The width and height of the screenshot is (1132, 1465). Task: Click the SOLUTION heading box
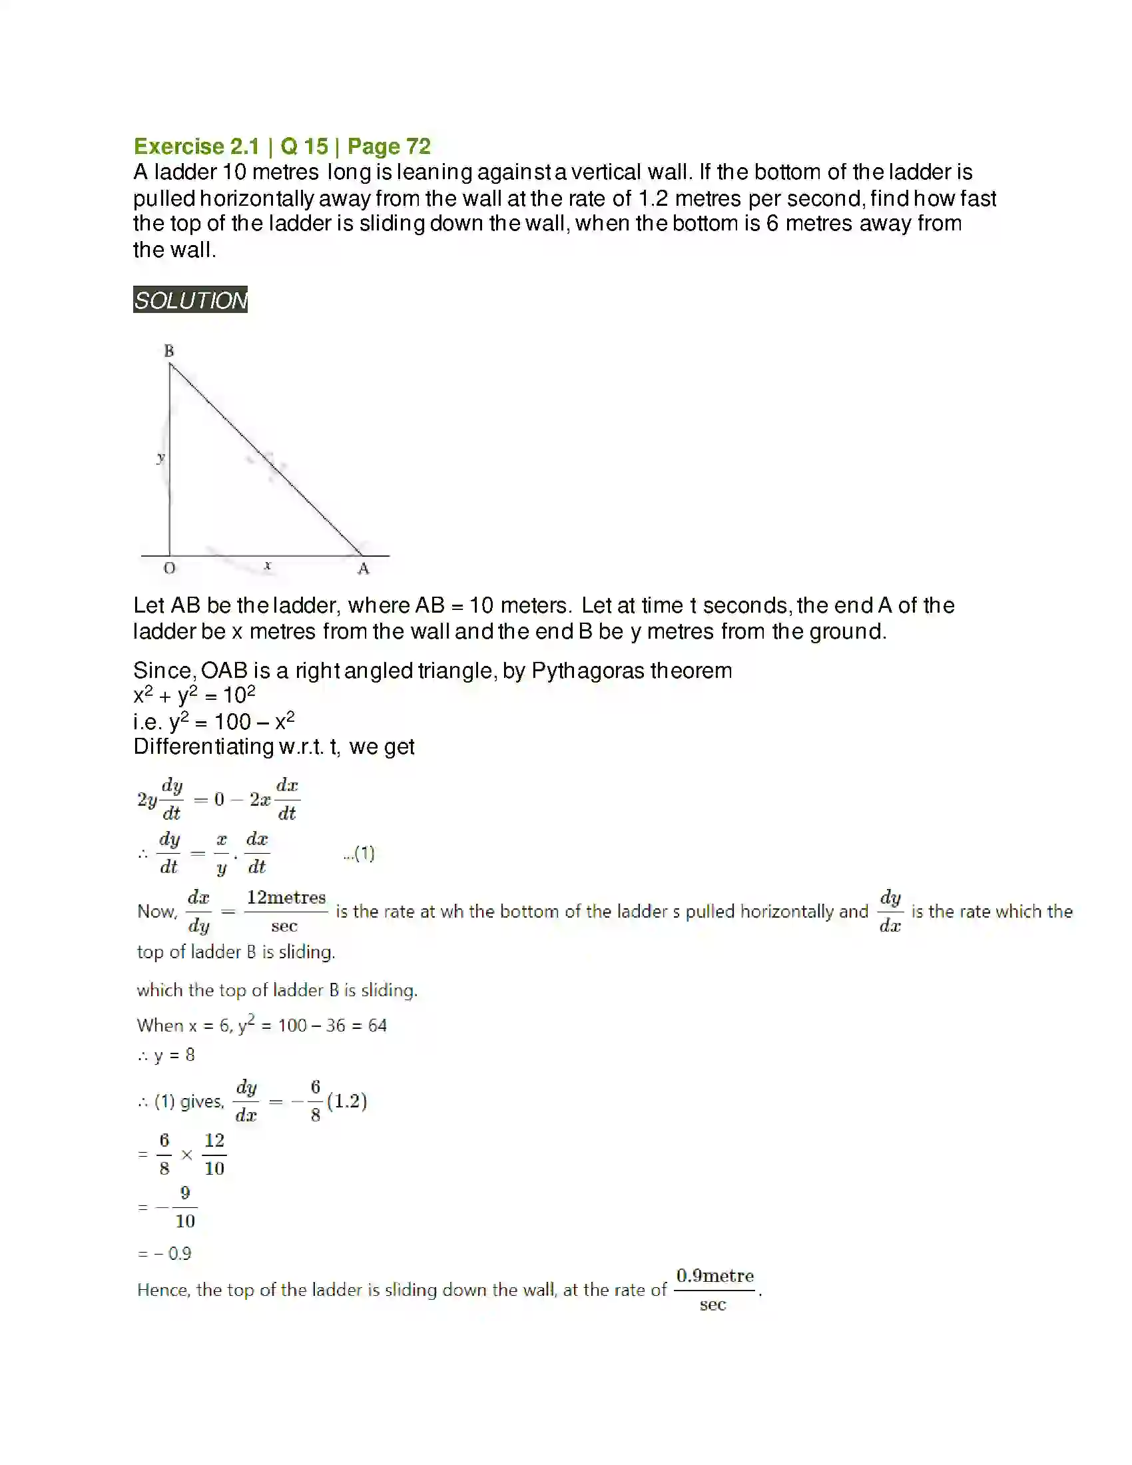point(190,300)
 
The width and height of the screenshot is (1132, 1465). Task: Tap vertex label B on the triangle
point(169,350)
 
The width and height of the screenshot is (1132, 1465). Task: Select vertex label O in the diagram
point(169,568)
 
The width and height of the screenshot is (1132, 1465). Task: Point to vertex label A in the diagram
point(363,569)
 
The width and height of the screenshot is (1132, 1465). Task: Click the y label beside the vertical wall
point(160,458)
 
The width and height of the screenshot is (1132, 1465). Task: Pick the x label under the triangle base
point(268,565)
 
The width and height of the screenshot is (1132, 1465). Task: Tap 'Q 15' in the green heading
point(304,146)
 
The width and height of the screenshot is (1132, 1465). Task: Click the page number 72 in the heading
point(418,146)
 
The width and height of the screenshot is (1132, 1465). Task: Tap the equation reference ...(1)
point(359,853)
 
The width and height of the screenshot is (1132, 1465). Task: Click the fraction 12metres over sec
point(286,911)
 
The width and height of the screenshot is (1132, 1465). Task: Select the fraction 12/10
point(214,1155)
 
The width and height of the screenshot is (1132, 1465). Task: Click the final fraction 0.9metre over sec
point(714,1289)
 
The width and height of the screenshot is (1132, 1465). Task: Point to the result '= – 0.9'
point(165,1253)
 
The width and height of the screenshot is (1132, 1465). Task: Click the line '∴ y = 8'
point(166,1055)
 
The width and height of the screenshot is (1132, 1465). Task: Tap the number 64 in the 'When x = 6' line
point(377,1025)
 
